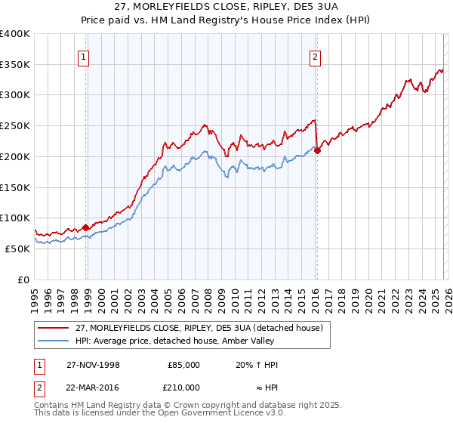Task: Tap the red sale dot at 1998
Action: (86, 227)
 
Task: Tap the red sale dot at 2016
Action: (317, 150)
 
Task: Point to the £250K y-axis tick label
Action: (14, 126)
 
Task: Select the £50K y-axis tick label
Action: (17, 249)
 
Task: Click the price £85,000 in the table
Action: (183, 365)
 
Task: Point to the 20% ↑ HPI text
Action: (257, 365)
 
